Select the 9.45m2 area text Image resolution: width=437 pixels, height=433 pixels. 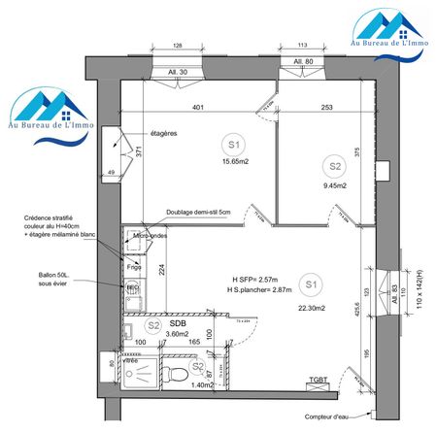tap(335, 184)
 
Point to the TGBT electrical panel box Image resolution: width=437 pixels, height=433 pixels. tap(319, 383)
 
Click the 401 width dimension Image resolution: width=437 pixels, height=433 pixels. tap(198, 107)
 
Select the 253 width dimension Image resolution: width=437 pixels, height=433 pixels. tap(327, 107)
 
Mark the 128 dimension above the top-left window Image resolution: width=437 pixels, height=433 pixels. tap(178, 46)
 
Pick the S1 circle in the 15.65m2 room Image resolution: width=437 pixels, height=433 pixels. tap(233, 145)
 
